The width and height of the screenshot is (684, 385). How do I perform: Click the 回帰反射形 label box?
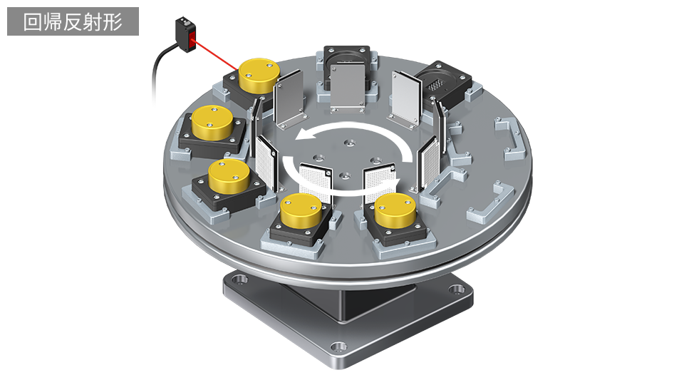pyautogui.click(x=73, y=21)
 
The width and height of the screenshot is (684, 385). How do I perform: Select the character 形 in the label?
pyautogui.click(x=113, y=22)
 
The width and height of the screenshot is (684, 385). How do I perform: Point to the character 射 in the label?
pyautogui.click(x=93, y=22)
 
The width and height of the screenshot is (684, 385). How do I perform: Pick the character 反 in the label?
pyautogui.click(x=73, y=22)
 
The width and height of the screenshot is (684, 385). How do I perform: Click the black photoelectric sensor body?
pyautogui.click(x=186, y=34)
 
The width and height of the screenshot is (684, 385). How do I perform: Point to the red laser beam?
pyautogui.click(x=217, y=56)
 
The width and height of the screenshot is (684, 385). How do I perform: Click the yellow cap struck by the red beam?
pyautogui.click(x=259, y=75)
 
